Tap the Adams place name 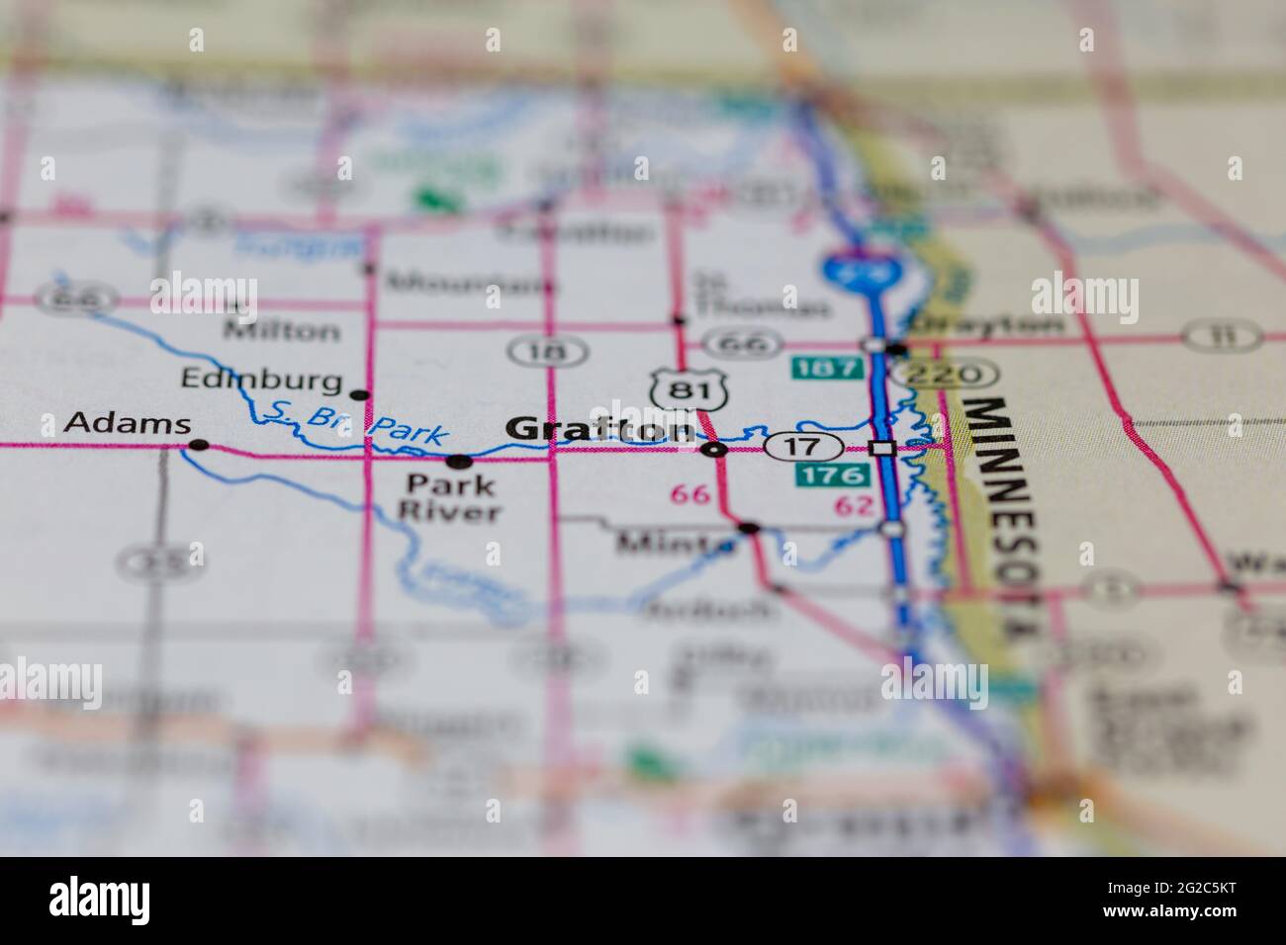127,424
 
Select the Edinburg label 261,379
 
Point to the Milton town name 281,330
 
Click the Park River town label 454,498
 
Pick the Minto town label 676,542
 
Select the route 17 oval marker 803,446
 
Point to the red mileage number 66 689,494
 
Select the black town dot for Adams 199,445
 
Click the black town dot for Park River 458,461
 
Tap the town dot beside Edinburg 361,394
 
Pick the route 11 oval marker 1222,337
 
